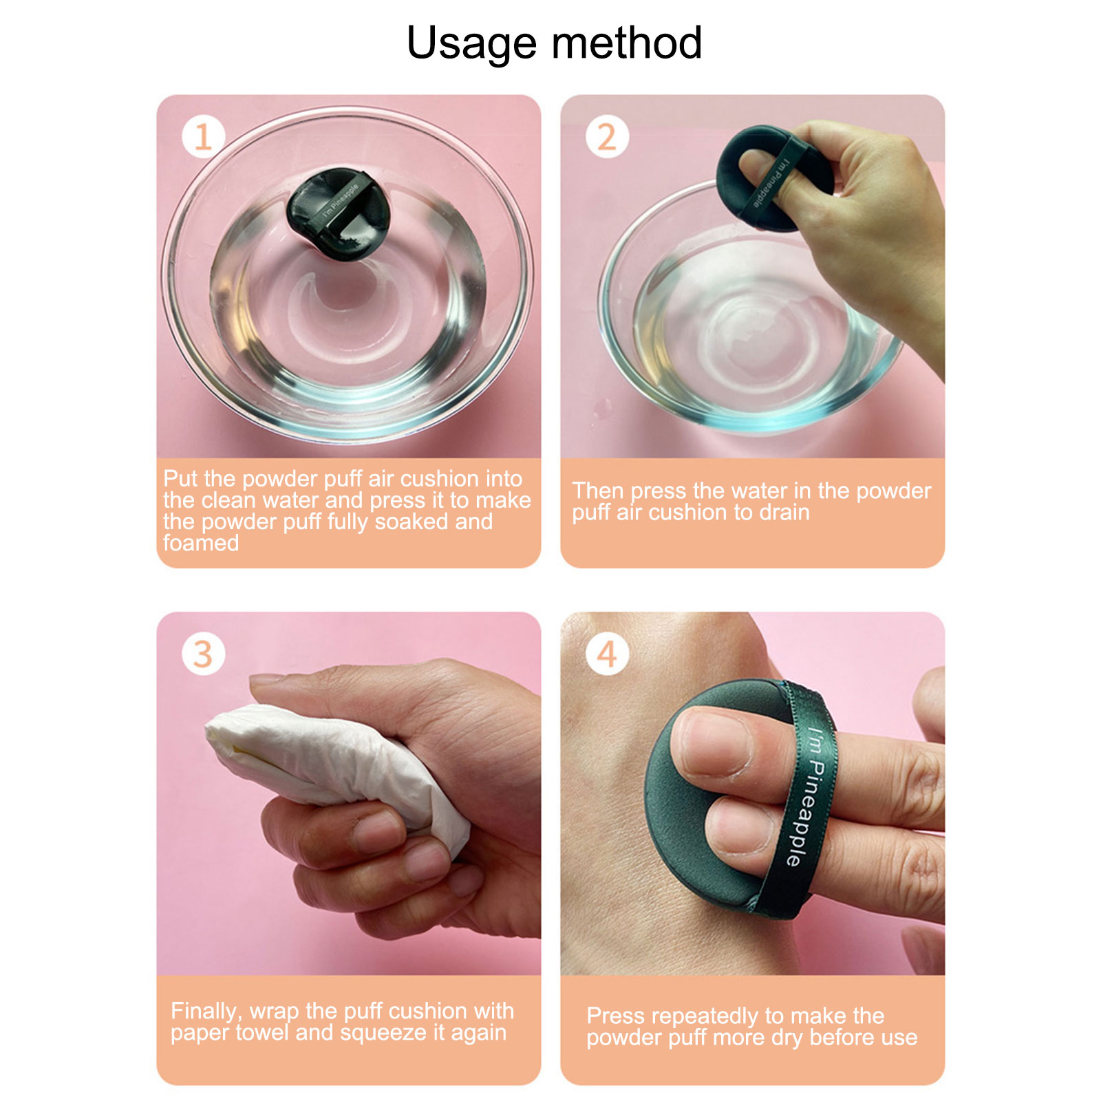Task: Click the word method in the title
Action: click(627, 43)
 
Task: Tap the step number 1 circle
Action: click(203, 136)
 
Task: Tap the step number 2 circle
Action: click(607, 136)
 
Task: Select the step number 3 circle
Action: click(203, 654)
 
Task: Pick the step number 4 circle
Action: click(607, 654)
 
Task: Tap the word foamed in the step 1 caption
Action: click(201, 543)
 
